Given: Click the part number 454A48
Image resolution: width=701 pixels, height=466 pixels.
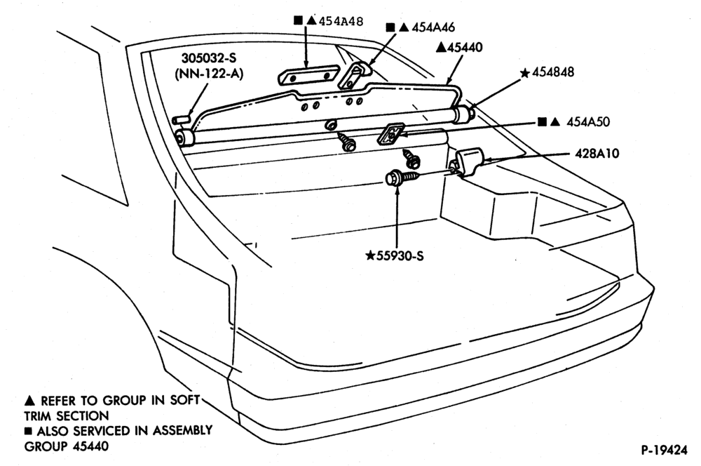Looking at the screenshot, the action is [x=341, y=21].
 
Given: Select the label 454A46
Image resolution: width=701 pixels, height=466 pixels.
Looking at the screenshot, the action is [x=433, y=27].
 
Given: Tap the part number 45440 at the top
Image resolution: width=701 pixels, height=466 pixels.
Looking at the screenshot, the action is [x=465, y=47].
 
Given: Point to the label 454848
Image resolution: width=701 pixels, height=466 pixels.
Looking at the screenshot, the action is [x=553, y=72].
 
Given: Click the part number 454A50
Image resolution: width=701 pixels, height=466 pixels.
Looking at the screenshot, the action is [x=588, y=122].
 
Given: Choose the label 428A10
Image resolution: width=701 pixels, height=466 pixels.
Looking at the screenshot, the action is [x=597, y=154].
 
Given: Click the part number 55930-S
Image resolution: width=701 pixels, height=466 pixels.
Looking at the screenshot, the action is [x=400, y=255].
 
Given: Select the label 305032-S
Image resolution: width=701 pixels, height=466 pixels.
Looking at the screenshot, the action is [x=209, y=58].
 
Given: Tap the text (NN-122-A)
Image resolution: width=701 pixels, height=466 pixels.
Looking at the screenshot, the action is [x=209, y=74].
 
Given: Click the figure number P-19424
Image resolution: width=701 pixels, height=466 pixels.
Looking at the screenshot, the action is [x=665, y=450].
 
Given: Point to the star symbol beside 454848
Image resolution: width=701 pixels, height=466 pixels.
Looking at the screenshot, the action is [x=525, y=72].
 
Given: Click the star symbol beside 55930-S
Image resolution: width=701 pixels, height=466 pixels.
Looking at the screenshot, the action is [x=370, y=255].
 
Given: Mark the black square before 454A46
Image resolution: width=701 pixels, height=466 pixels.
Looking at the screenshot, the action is [x=390, y=27].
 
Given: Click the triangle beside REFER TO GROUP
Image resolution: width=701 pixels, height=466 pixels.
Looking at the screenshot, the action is [x=29, y=400].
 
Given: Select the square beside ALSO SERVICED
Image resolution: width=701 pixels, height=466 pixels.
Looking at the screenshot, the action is [x=29, y=432].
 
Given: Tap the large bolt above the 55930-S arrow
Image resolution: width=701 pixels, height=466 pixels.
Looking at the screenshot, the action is [x=402, y=177].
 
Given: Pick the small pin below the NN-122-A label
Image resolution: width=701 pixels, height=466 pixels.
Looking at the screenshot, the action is [x=181, y=119].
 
